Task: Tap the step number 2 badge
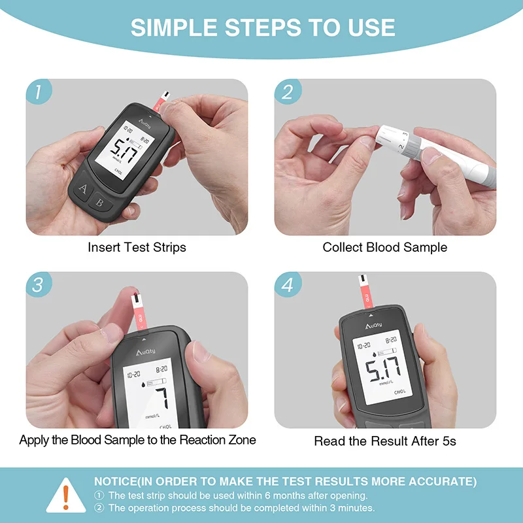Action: click(x=288, y=92)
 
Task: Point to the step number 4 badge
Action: click(x=288, y=285)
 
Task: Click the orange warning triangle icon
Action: click(x=66, y=496)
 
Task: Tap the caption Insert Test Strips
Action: click(x=137, y=248)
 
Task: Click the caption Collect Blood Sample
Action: click(x=385, y=248)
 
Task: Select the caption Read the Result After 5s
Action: click(x=385, y=441)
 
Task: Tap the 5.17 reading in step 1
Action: click(x=124, y=155)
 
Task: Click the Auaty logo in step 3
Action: click(x=150, y=352)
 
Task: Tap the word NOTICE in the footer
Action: click(x=116, y=482)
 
